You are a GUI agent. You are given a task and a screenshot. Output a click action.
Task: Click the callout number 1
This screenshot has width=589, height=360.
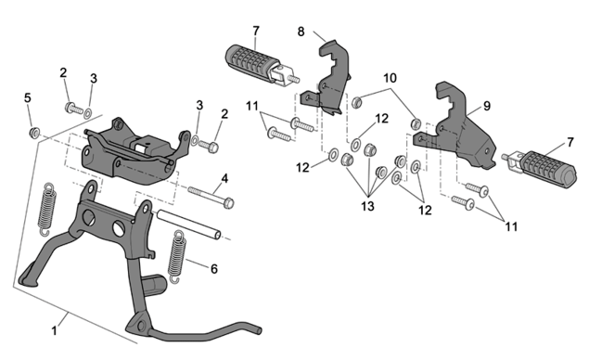point(55,331)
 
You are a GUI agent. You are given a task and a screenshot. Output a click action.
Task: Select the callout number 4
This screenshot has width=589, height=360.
point(224,178)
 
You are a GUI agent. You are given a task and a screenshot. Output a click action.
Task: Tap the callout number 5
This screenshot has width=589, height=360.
point(28,98)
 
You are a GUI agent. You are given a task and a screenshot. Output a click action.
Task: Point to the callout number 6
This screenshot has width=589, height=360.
point(214,269)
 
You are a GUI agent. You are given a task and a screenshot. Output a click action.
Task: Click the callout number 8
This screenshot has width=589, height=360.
point(301,32)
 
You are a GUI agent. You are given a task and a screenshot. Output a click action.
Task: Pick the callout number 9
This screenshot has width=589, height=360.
point(487,106)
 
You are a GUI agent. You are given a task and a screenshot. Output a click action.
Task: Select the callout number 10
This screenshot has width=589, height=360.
point(390,78)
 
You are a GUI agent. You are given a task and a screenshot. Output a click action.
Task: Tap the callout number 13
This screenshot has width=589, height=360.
point(367,206)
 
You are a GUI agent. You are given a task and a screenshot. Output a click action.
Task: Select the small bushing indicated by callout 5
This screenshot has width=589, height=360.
point(34,133)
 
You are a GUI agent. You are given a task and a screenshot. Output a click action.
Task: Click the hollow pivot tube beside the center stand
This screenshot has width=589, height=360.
point(189,224)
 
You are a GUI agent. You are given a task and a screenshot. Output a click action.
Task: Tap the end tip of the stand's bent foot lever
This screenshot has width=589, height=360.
point(259,330)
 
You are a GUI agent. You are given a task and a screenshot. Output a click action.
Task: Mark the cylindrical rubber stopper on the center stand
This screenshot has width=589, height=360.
point(155,285)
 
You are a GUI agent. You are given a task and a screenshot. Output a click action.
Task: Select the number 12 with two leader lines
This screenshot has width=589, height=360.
point(425,210)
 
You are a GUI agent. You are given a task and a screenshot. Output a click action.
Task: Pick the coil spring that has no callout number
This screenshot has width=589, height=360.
point(47,210)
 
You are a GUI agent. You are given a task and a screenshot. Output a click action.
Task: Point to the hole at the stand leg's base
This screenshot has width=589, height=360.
point(141,326)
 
